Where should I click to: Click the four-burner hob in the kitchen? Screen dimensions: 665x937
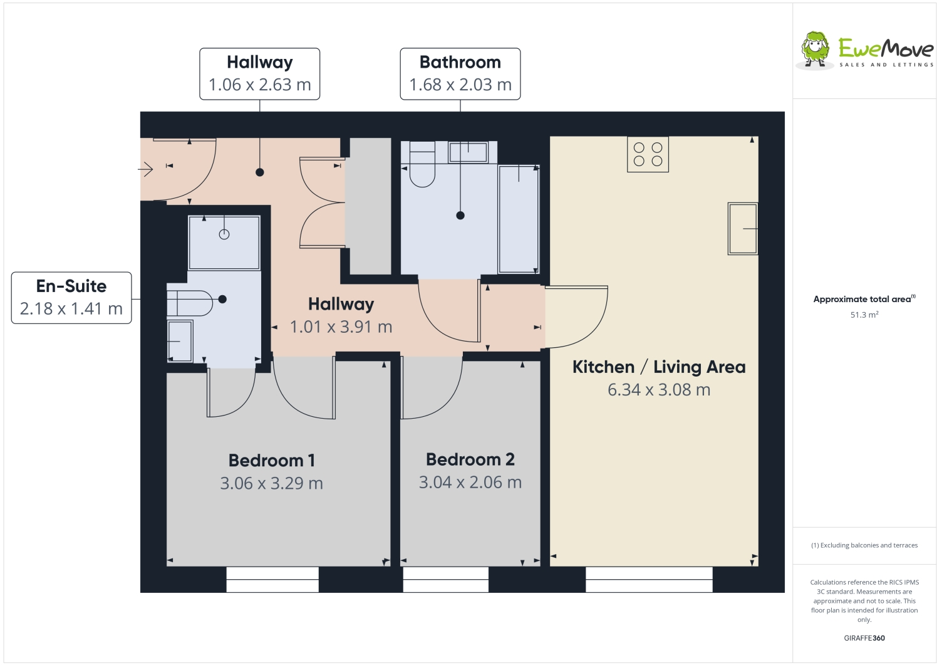coord(648,154)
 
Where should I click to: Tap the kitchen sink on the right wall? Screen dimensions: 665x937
coord(743,229)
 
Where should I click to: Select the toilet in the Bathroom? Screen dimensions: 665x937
coord(422,167)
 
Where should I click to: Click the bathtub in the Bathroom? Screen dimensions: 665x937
coord(518,219)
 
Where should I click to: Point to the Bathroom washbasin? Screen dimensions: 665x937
coord(468,152)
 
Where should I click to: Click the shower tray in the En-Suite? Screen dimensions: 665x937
coord(224,242)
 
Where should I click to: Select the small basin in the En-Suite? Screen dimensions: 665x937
coord(180,341)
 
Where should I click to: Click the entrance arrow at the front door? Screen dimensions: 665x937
coord(146,169)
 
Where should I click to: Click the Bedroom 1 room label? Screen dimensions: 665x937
coord(271,461)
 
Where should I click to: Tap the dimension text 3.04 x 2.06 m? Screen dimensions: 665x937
coord(470,483)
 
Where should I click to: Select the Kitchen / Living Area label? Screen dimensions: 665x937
coord(659,367)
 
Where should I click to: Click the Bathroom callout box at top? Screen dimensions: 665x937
coord(460,74)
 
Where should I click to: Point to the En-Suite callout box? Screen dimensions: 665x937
coord(71,298)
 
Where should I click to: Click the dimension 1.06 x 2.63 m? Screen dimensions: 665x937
coord(259,85)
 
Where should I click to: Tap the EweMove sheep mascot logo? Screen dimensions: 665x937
coord(815,49)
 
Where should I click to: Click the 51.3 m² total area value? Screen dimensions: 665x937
coord(864,315)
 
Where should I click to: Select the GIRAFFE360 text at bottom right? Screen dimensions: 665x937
coord(864,638)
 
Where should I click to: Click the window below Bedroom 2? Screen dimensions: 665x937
coord(445,580)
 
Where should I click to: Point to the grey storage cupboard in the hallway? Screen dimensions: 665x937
coord(370,206)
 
